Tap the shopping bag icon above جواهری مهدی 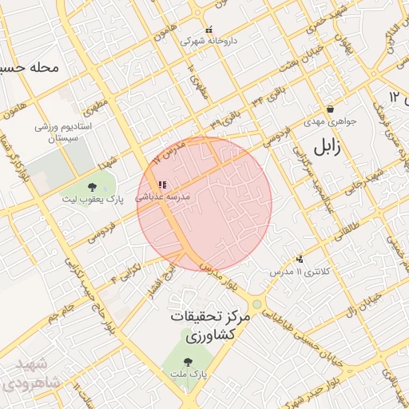tap(329, 109)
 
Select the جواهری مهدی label tap(329, 123)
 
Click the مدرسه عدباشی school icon tap(163, 185)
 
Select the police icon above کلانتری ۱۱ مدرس tap(300, 259)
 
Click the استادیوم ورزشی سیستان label tap(64, 133)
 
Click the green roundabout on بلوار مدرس tap(256, 304)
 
